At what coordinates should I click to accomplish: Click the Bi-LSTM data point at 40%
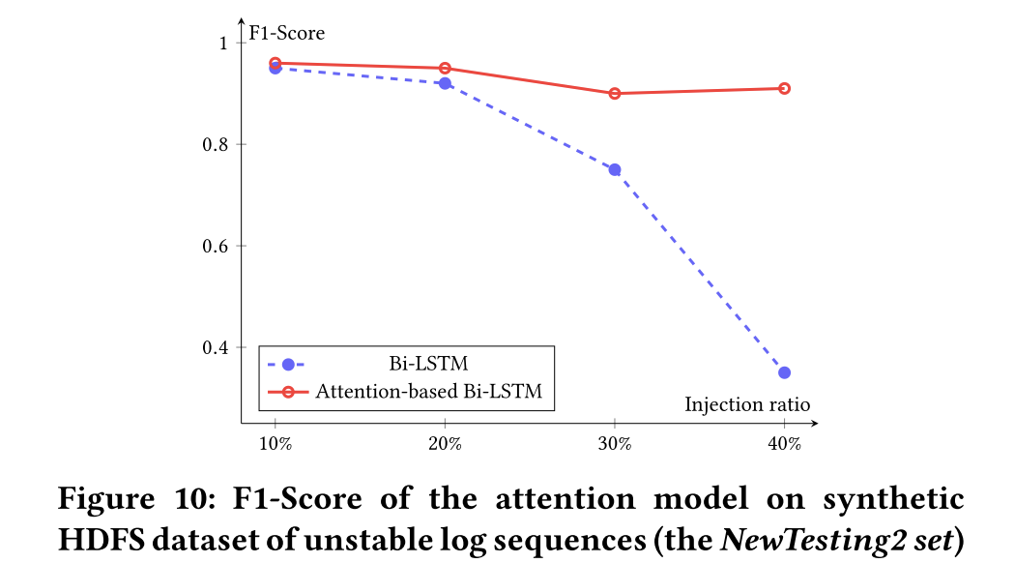(x=784, y=372)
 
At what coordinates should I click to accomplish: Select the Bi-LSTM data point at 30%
(x=614, y=169)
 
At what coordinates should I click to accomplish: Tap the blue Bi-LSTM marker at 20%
(x=445, y=83)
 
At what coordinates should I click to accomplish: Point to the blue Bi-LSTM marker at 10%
(x=275, y=68)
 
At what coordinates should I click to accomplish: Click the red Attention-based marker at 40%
(x=784, y=88)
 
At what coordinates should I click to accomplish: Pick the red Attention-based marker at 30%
(x=614, y=94)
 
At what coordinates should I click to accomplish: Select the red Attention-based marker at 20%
(x=445, y=68)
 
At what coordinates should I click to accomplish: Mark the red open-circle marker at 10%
(x=275, y=63)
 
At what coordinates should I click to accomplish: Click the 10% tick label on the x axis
(x=275, y=444)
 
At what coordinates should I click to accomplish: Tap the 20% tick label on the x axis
(x=445, y=444)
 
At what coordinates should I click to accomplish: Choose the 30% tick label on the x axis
(x=614, y=444)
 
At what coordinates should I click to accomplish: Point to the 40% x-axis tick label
(x=784, y=444)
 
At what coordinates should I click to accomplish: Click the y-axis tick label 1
(x=222, y=43)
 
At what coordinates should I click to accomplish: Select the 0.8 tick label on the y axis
(x=215, y=144)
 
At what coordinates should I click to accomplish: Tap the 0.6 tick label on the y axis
(x=215, y=246)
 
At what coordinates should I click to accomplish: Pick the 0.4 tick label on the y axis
(x=215, y=347)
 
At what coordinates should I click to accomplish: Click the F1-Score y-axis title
(x=286, y=34)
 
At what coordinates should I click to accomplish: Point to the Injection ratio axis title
(x=747, y=403)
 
